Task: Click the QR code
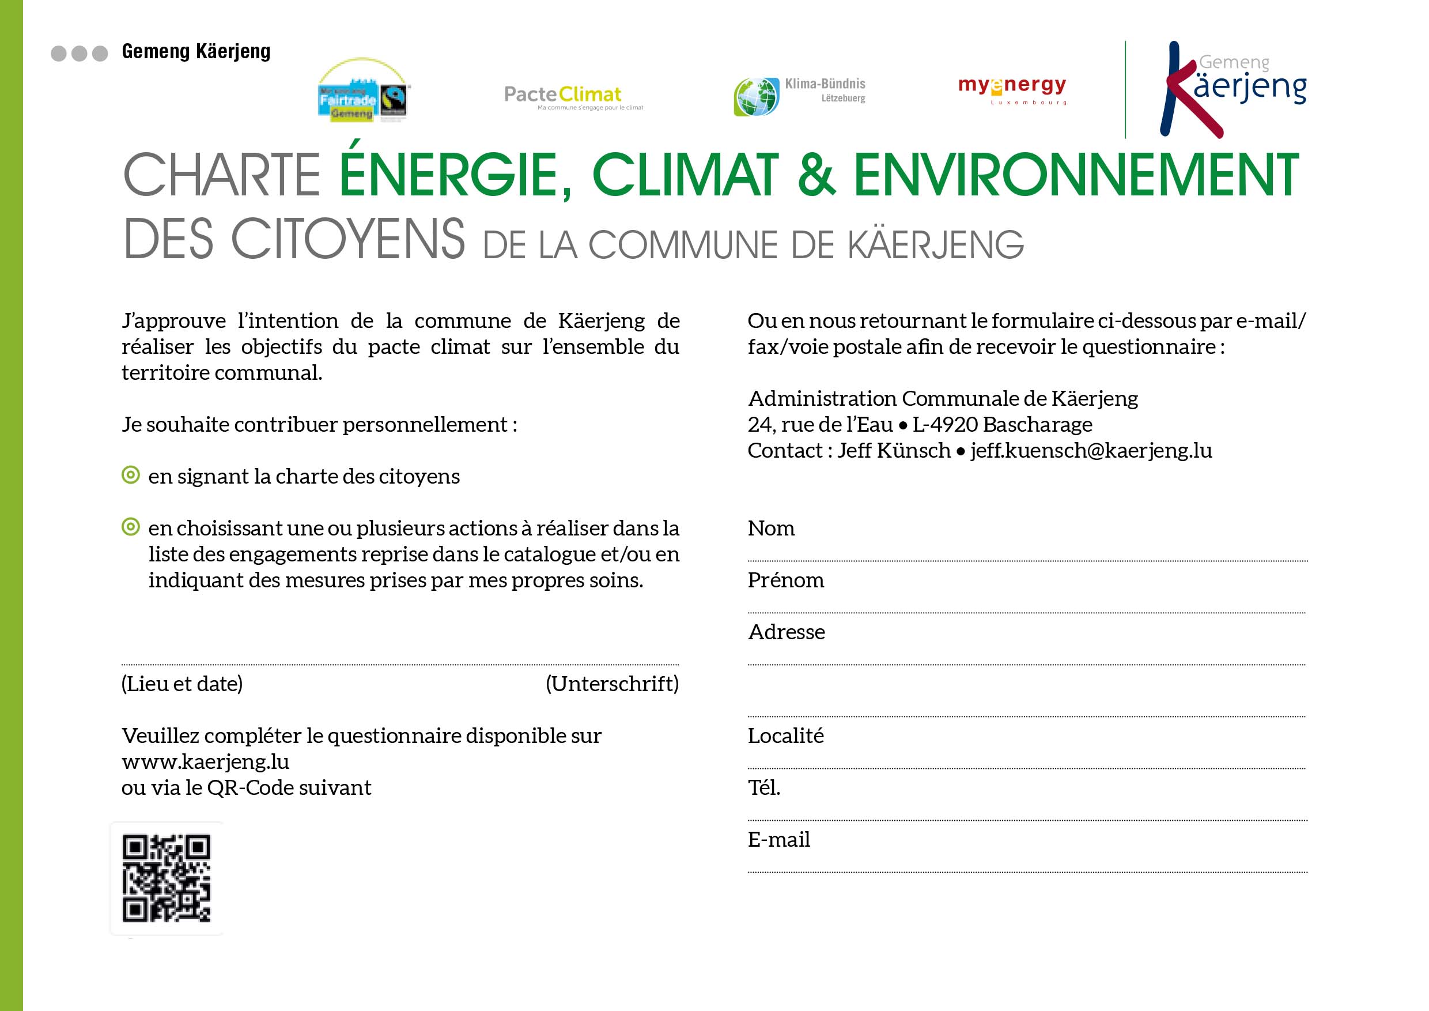pos(166,878)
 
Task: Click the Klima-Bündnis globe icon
pos(756,96)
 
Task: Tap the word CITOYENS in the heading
pos(348,240)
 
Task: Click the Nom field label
pos(771,528)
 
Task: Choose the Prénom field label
pos(785,580)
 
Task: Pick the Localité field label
pos(785,736)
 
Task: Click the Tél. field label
pos(763,787)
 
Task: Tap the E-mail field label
pos(778,840)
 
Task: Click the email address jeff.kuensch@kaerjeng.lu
pos(1091,450)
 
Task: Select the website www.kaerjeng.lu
pos(205,761)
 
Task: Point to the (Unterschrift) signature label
pos(612,684)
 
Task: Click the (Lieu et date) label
pos(182,684)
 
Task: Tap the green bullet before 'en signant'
pos(131,475)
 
